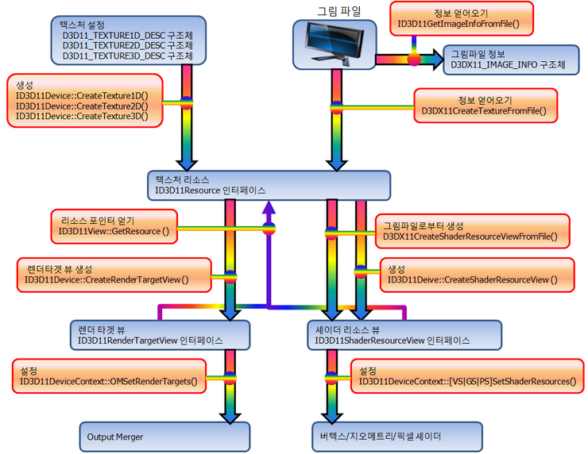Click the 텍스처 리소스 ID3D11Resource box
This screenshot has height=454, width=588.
coord(269,185)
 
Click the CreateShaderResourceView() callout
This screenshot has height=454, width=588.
coord(472,275)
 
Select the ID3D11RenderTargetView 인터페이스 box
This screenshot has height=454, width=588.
coord(160,334)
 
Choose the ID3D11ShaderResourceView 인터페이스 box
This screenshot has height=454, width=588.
coord(403,334)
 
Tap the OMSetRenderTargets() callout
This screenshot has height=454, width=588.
coord(109,376)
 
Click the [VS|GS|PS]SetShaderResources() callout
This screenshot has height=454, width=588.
coord(466,376)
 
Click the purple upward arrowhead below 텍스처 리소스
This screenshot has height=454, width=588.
coord(269,207)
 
